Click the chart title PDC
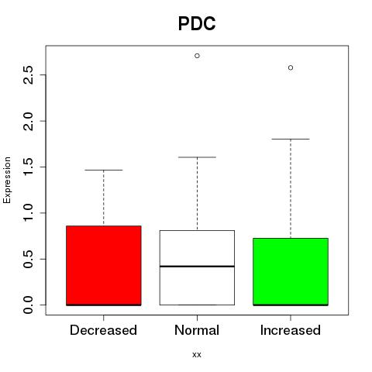tap(197, 23)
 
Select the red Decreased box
tap(104, 266)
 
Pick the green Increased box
tap(291, 272)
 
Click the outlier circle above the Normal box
tap(197, 56)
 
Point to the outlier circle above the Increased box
tap(291, 67)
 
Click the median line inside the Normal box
tap(197, 266)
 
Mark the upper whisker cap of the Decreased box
tap(104, 170)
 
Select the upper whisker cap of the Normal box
tap(197, 157)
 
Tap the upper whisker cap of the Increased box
tap(291, 139)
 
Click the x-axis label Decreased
tap(103, 330)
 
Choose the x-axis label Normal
tap(197, 330)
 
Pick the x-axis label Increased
tap(291, 330)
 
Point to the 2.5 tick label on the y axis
tap(28, 75)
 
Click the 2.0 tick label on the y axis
tap(28, 121)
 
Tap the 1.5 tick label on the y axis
tap(28, 167)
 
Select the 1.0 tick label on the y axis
tap(28, 213)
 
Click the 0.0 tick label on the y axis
tap(28, 305)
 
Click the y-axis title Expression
tap(7, 181)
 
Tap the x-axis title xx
tap(197, 355)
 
